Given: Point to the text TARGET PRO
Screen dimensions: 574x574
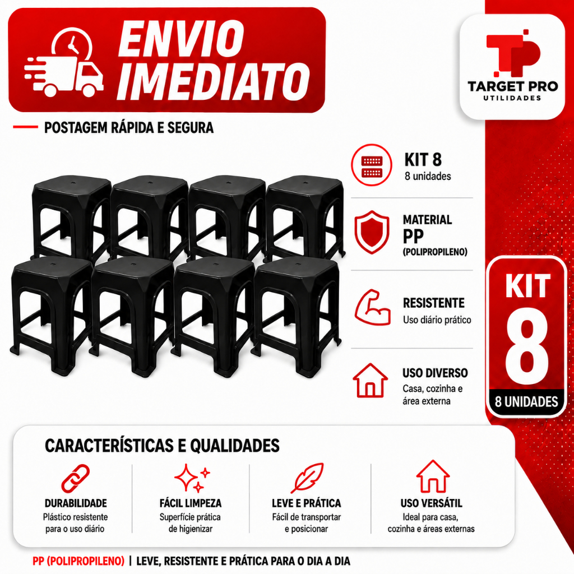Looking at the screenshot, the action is coord(512,86).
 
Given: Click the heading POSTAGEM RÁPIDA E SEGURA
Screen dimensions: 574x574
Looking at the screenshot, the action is coord(129,128).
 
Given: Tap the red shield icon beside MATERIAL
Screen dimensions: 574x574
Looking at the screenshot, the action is coord(372,232).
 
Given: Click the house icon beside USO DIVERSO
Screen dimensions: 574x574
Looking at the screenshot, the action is coord(370,381).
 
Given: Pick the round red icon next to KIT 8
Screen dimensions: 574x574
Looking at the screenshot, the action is coord(372,165).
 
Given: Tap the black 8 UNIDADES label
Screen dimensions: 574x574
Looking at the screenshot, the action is coord(526,401).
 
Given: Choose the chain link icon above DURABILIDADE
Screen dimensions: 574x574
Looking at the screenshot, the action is coord(76,479).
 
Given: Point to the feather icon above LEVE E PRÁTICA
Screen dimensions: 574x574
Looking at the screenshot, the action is coord(307,478).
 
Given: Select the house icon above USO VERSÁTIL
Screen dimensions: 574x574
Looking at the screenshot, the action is coord(433,476).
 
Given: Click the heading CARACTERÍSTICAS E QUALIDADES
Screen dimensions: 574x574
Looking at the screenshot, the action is coord(162,446).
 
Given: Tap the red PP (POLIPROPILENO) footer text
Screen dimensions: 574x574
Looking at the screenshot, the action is coord(78,561).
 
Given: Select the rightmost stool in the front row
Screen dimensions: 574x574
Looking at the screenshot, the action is coord(297,317).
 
